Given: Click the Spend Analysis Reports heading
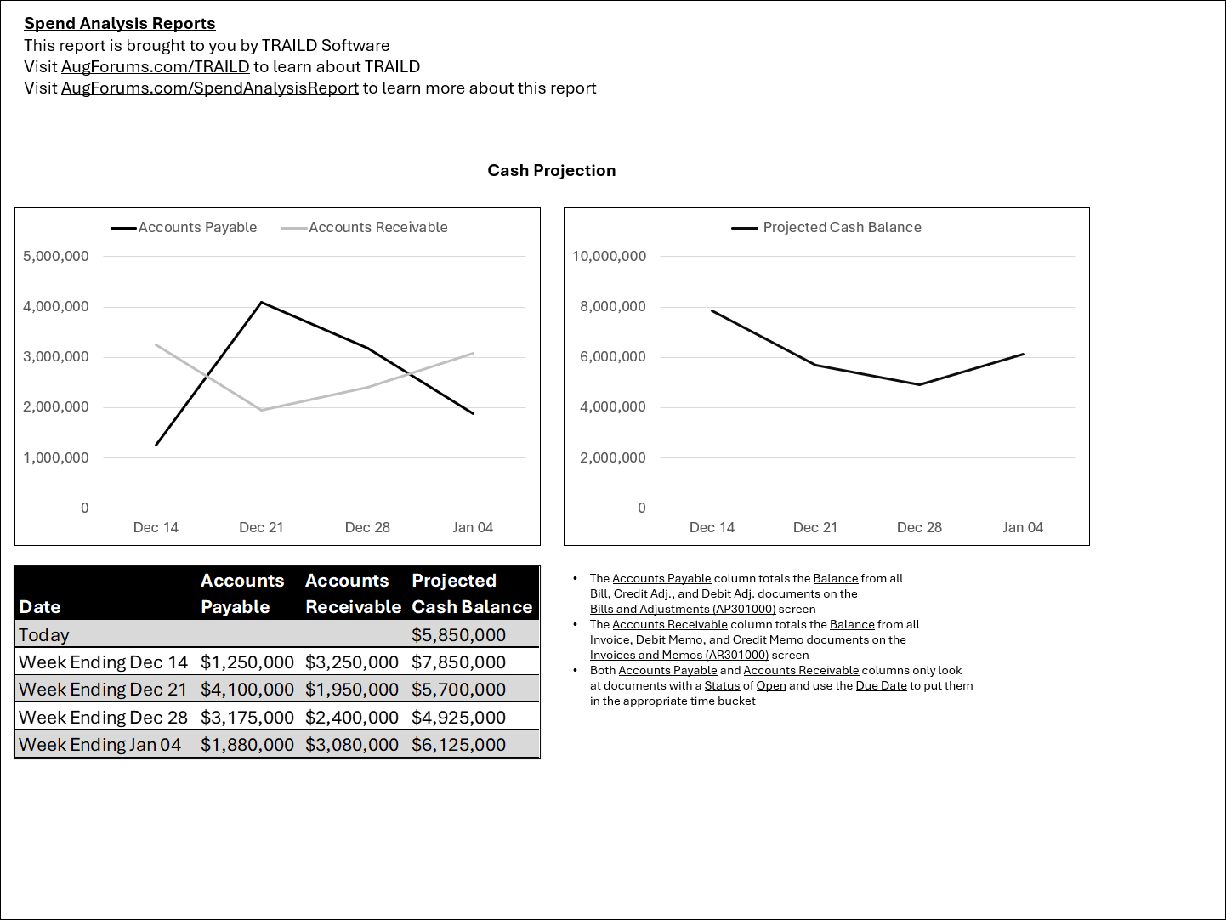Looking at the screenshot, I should click(x=119, y=24).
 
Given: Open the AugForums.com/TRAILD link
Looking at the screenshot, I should click(x=155, y=67).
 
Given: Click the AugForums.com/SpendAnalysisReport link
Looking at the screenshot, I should click(x=209, y=88).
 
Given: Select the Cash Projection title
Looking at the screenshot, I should click(x=551, y=171).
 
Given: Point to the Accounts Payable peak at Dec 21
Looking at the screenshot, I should click(x=261, y=303).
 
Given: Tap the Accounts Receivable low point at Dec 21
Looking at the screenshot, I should click(x=261, y=410).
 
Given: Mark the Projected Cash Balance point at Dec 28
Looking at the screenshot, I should click(x=919, y=384).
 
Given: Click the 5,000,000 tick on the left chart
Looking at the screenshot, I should click(x=56, y=257).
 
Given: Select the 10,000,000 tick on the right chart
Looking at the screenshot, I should click(x=609, y=257).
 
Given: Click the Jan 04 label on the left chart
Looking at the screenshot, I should click(x=473, y=528).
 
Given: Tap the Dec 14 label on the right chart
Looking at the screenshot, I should click(x=712, y=528).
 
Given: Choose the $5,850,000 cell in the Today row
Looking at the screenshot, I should click(x=458, y=635).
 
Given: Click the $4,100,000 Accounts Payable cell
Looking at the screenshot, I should click(x=247, y=690).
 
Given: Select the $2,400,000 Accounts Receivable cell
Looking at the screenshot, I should click(x=351, y=718).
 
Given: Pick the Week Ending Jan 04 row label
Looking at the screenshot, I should click(x=100, y=745).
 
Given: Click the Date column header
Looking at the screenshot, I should click(x=40, y=607).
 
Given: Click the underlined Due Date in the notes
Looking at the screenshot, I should click(x=881, y=686).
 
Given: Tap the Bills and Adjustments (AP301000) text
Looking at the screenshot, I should click(x=683, y=610).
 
